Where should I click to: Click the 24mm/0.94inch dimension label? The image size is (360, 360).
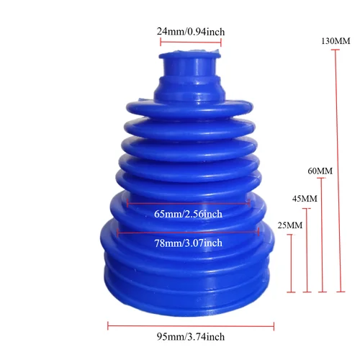coord(191,31)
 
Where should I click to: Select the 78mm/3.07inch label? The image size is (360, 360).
coord(189,243)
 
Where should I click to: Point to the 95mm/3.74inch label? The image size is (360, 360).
coord(191,337)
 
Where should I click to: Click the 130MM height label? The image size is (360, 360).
coord(336,40)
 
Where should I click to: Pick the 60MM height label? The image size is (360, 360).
coord(320,171)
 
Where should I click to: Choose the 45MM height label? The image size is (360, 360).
coord(305,198)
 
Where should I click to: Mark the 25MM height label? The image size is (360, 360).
coord(289,225)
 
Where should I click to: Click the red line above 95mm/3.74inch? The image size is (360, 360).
coord(191,326)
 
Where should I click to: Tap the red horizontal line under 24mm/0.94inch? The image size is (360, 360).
coord(191,42)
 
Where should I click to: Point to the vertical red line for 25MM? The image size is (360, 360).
coord(292,263)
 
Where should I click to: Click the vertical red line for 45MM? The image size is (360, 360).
coord(307,250)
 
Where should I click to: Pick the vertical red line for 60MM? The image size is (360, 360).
coord(322,235)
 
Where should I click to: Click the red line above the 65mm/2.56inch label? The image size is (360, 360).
coord(188,204)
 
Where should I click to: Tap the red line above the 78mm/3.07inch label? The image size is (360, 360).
coord(189,232)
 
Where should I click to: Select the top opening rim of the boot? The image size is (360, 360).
coord(190,53)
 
